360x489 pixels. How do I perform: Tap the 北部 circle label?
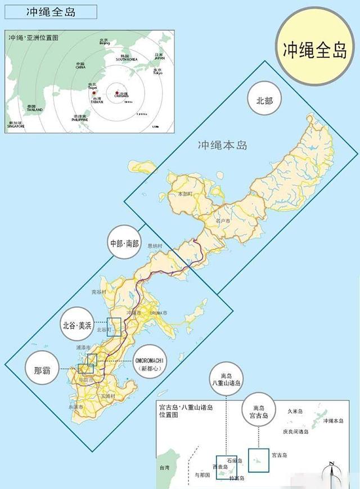[264, 101]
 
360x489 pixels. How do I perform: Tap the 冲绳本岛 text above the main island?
[223, 145]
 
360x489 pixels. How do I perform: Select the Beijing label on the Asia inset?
[105, 42]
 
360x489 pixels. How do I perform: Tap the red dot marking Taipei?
[94, 93]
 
